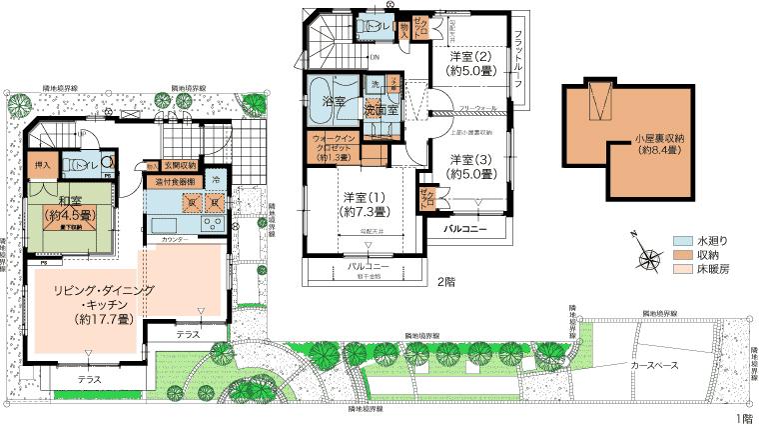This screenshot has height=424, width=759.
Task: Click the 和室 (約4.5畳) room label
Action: click(x=61, y=208)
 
